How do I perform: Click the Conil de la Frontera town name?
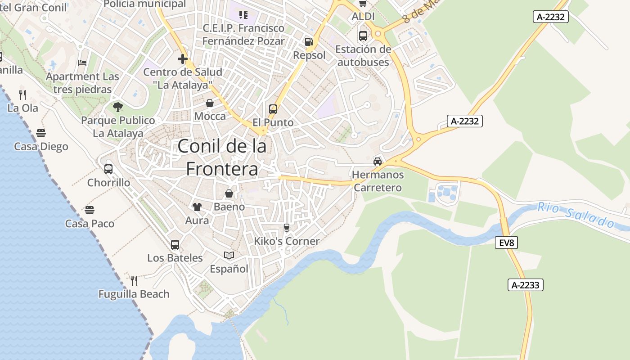(222, 157)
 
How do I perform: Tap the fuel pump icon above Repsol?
(309, 42)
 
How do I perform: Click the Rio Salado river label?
(576, 215)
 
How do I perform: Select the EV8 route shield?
(506, 243)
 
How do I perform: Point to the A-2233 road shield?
(526, 285)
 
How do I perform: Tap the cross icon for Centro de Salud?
(183, 59)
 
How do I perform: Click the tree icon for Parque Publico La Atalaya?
(118, 107)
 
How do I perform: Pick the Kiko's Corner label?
(287, 241)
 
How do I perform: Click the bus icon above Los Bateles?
(175, 245)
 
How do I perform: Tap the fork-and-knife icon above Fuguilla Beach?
(134, 281)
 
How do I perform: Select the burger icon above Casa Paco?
(90, 210)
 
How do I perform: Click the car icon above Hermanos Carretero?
(378, 162)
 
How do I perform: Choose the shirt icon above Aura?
(197, 207)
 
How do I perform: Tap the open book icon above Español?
(229, 256)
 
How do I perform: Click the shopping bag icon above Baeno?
(229, 194)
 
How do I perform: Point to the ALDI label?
(363, 17)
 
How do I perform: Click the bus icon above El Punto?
(273, 109)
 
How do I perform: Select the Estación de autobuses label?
(363, 56)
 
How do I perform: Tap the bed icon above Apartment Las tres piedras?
(82, 63)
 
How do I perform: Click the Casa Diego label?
(41, 147)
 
